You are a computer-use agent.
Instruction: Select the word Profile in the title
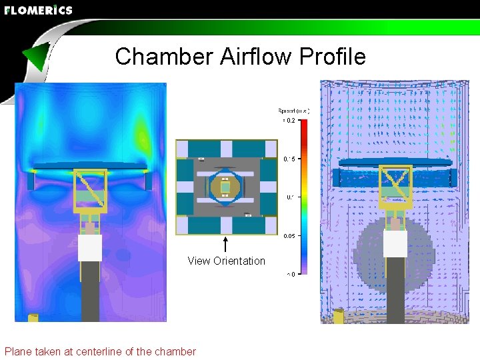click(333, 57)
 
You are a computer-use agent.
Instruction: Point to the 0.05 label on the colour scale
click(289, 236)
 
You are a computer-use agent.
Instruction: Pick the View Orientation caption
click(226, 261)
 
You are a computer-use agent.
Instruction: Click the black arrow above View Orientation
click(226, 244)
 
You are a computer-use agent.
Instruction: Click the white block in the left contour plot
click(90, 248)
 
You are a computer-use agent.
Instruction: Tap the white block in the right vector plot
click(395, 243)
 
